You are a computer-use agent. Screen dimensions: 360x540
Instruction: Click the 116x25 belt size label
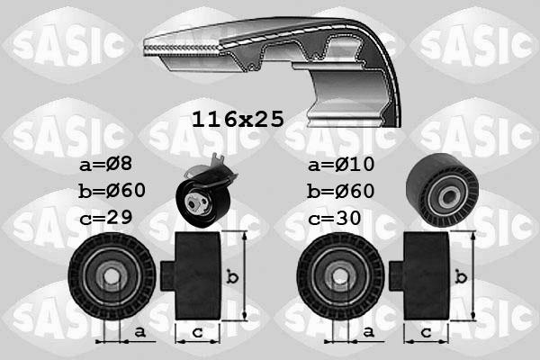(x=238, y=118)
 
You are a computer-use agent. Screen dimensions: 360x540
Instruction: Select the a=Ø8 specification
(x=105, y=165)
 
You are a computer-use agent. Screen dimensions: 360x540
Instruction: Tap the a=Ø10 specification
(x=341, y=165)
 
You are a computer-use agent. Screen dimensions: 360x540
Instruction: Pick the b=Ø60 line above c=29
(x=112, y=191)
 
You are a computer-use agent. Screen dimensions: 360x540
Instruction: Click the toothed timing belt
(x=270, y=54)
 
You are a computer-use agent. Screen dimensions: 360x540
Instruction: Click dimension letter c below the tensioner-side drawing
(x=196, y=333)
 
